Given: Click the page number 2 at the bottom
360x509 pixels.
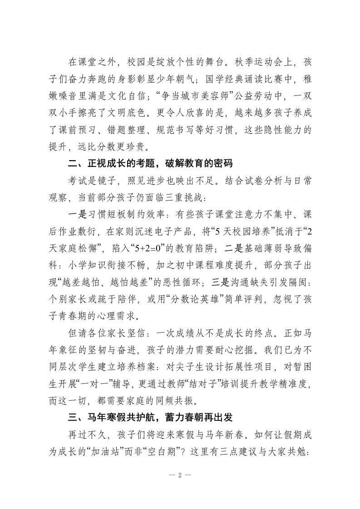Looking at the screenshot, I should click(x=180, y=475).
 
